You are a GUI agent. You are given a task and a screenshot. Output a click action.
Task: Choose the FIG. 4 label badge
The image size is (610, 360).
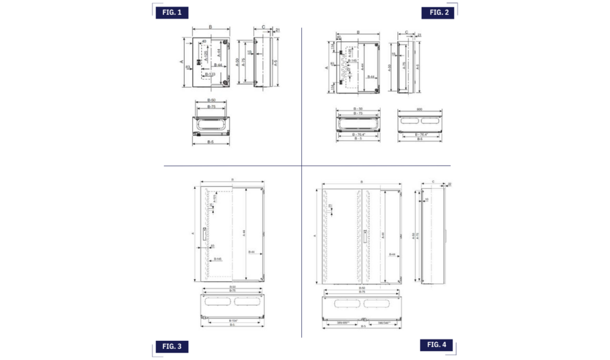click(x=440, y=345)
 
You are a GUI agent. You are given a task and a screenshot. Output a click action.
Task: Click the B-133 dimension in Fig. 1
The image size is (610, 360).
click(x=210, y=75)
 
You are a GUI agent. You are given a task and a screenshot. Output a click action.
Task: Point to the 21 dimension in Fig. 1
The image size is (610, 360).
click(x=278, y=30)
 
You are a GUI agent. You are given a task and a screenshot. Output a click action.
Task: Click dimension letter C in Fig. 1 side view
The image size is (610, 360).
click(x=263, y=27)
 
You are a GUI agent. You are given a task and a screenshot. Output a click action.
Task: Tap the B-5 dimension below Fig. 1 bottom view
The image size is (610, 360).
click(x=211, y=142)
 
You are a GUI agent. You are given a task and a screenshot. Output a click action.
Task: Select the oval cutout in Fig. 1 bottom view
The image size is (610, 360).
click(x=211, y=125)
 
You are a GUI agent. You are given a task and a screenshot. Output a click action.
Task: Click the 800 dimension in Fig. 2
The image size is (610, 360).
click(x=419, y=109)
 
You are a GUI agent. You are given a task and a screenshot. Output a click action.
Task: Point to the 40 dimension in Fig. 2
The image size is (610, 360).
click(x=339, y=37)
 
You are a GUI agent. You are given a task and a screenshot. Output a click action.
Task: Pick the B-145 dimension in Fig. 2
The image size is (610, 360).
click(x=353, y=61)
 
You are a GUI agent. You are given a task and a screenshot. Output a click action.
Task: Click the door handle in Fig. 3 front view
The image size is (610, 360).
click(x=204, y=234)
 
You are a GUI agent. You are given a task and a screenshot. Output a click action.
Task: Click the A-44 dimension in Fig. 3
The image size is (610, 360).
click(x=244, y=234)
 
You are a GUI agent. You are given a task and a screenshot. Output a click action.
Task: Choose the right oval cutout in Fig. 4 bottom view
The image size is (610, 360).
click(x=378, y=303)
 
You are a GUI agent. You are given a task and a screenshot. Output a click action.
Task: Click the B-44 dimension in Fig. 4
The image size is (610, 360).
click(x=392, y=255)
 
